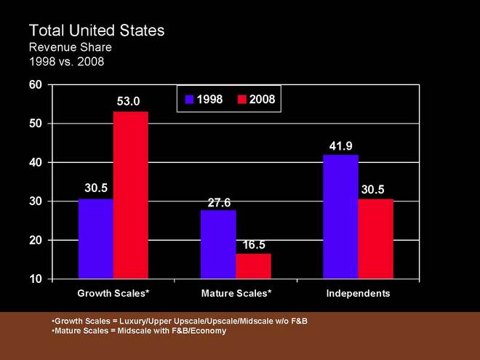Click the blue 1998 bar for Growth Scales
(x=95, y=239)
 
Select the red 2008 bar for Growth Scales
(x=131, y=195)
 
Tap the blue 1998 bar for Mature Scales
(x=218, y=244)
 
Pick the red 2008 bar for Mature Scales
(x=253, y=265)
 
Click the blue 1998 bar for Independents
(x=340, y=217)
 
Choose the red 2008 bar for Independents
(x=375, y=239)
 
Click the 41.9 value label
(x=341, y=145)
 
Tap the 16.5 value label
(x=253, y=244)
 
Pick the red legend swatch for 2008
(x=242, y=98)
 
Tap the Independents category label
(x=358, y=293)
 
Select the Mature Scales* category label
(x=236, y=293)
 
